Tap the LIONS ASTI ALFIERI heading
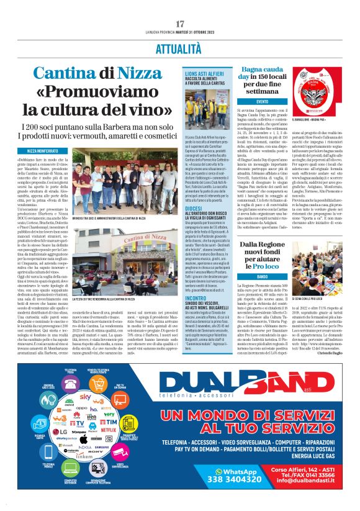click(x=202, y=73)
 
